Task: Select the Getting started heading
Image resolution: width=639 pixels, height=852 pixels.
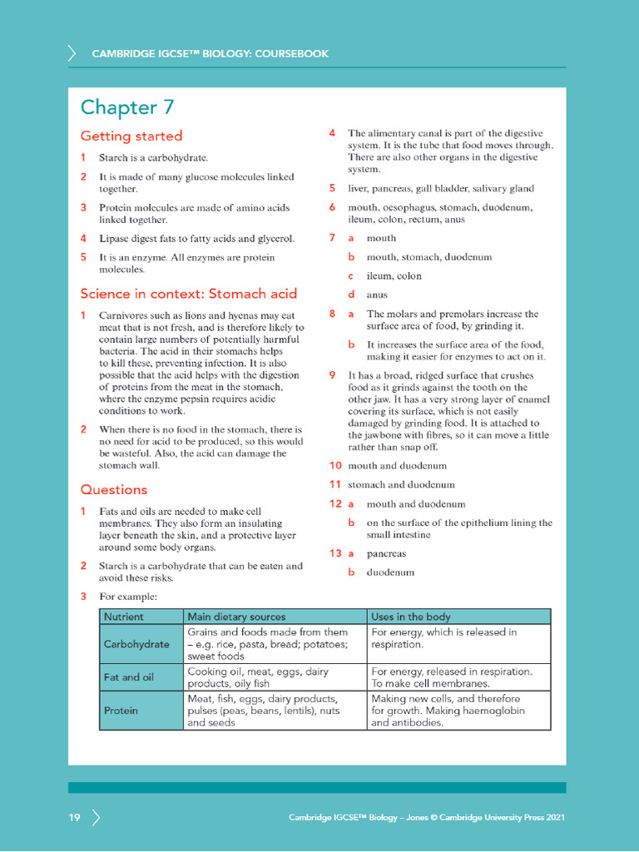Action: coord(131,136)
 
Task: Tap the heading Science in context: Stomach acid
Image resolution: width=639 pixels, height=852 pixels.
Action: coord(188,294)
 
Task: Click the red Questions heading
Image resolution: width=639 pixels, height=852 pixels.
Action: coord(113,490)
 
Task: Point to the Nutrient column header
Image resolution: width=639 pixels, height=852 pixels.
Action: coord(124,617)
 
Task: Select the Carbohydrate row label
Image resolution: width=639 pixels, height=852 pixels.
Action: coord(136,644)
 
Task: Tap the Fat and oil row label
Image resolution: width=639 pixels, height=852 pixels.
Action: coord(129,677)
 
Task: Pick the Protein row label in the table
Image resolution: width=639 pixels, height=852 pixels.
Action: coord(121,711)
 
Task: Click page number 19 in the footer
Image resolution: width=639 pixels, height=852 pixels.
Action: coord(75,818)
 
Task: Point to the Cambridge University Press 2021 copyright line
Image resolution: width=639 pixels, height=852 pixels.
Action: coord(427,818)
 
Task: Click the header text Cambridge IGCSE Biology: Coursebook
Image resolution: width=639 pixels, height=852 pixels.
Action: coord(210,54)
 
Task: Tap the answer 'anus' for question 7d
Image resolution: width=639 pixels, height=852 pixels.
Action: coord(377,295)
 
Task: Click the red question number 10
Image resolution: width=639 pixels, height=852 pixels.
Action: coord(335,466)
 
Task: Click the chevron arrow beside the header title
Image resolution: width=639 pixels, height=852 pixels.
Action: coord(72,54)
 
